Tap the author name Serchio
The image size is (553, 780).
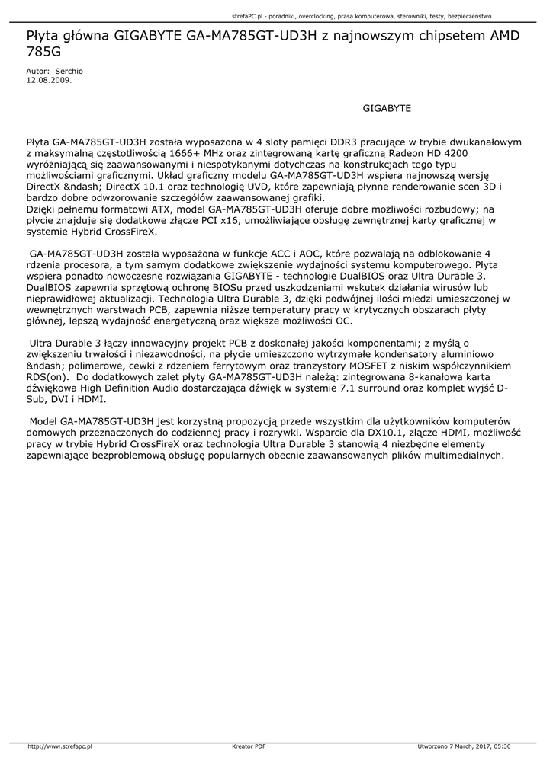point(69,71)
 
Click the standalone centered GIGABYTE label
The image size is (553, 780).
point(387,109)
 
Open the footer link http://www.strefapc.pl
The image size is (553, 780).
point(60,746)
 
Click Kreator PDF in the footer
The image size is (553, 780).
point(249,746)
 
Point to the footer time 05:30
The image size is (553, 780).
point(502,746)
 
